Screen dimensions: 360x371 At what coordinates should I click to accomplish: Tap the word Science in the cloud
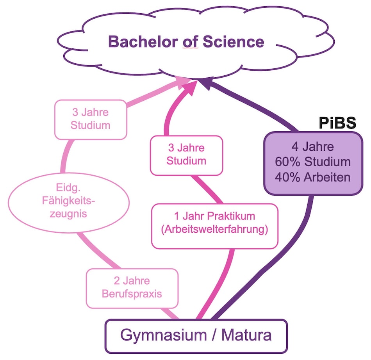(234, 41)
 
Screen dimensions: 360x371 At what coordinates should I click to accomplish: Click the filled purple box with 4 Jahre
(313, 163)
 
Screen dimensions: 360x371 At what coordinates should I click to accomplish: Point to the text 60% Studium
(313, 162)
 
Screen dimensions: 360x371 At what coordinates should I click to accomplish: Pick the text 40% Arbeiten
(313, 177)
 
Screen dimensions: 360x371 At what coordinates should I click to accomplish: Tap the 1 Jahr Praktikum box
(214, 226)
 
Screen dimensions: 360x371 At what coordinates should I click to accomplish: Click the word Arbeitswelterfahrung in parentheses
(214, 230)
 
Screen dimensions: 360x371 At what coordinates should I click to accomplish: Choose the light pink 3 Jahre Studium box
(91, 119)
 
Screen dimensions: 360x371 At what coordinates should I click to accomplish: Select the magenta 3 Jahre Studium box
(186, 155)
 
